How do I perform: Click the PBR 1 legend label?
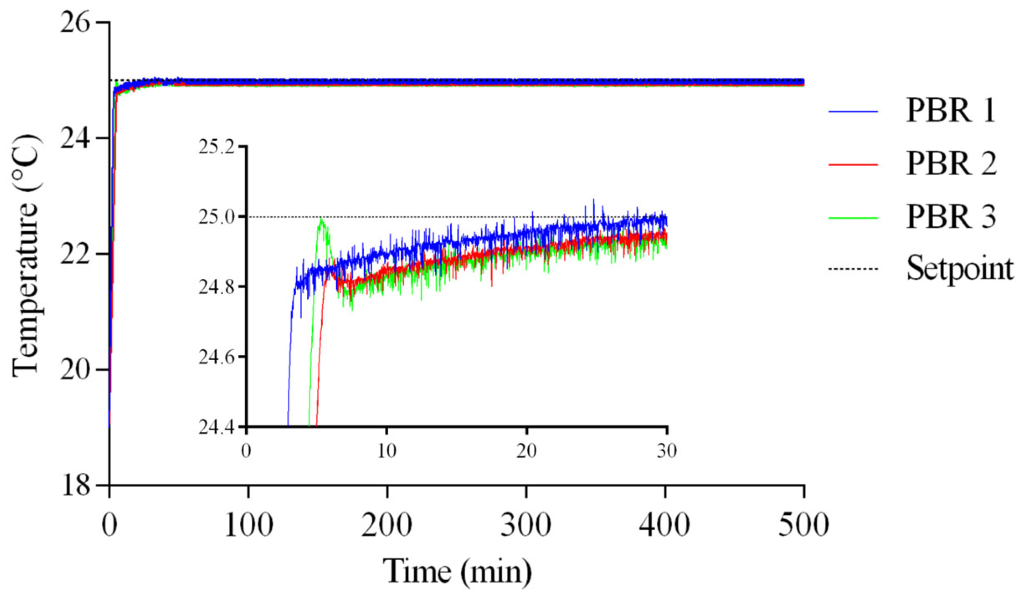pyautogui.click(x=951, y=111)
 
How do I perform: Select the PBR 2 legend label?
pyautogui.click(x=951, y=164)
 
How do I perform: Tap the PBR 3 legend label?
pyautogui.click(x=951, y=217)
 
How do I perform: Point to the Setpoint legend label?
pyautogui.click(x=960, y=269)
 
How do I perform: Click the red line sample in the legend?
pyautogui.click(x=853, y=165)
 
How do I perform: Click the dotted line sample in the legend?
pyautogui.click(x=853, y=269)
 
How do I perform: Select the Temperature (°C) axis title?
pyautogui.click(x=26, y=256)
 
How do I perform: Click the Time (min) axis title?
pyautogui.click(x=457, y=571)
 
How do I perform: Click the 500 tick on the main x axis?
pyautogui.click(x=803, y=525)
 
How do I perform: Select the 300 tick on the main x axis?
pyautogui.click(x=526, y=525)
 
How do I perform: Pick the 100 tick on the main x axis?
pyautogui.click(x=248, y=525)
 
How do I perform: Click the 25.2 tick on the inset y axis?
pyautogui.click(x=216, y=147)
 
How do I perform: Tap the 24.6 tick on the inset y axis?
pyautogui.click(x=216, y=357)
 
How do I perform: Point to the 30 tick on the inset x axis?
pyautogui.click(x=666, y=451)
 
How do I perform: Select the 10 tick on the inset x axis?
pyautogui.click(x=387, y=451)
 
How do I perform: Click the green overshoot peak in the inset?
pyautogui.click(x=321, y=220)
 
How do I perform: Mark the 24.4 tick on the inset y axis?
pyautogui.click(x=216, y=427)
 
